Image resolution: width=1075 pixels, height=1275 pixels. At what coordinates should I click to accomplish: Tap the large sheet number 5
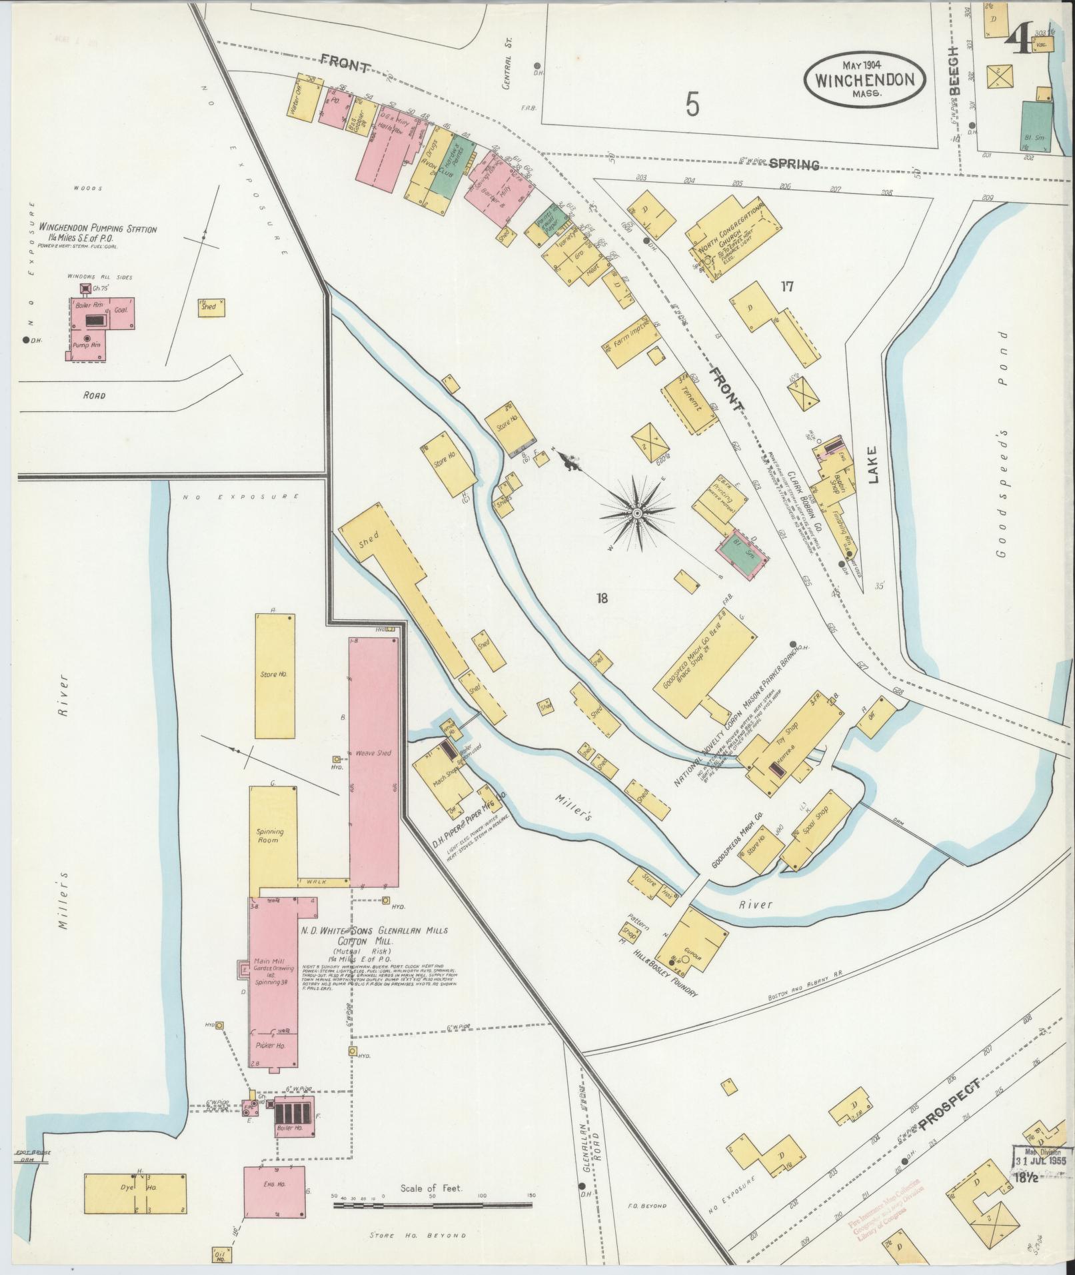693,103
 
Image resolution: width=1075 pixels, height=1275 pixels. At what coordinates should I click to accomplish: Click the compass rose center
636,513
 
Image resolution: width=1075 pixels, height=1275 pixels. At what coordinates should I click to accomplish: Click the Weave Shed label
374,753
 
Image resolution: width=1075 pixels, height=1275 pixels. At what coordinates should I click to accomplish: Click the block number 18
602,598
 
